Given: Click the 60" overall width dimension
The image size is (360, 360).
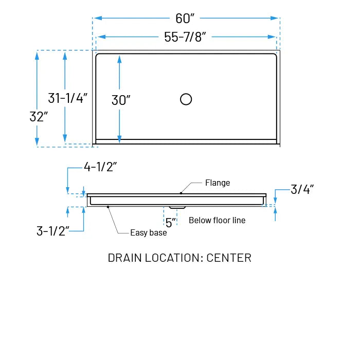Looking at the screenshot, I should pos(185,19).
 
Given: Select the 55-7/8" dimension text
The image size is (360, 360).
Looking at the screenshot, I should pos(185,37).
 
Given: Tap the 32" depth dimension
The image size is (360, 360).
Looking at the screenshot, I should pos(39,117).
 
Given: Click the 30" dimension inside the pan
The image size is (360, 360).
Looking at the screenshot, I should pos(121,100).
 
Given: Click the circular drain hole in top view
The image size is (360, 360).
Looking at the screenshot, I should pos(186,99).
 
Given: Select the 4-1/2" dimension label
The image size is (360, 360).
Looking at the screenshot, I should pos(101,167).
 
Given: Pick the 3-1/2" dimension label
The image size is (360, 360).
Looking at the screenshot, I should pos(53,231).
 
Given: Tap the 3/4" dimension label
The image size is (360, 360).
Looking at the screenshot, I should pos(302,189).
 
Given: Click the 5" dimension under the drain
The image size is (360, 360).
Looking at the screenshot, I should pos(171,222).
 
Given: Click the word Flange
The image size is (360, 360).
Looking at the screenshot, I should pos(218,183).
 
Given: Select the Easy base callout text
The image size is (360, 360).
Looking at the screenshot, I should pos(148,233).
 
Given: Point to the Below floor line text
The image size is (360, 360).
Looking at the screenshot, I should pos(217,221).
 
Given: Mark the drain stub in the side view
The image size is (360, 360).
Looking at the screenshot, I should pos(177,208).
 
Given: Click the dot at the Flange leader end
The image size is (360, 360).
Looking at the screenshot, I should pos(181,193).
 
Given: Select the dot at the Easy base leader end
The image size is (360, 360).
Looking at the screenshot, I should pos(107,207).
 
